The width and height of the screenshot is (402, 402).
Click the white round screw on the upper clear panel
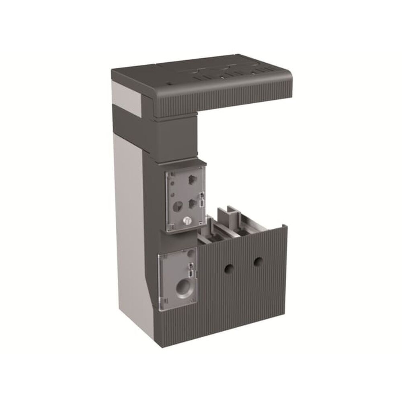[x=186, y=221]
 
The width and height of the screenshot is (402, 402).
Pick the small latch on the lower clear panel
[x=192, y=269]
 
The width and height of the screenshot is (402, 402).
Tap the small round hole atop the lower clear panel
[x=190, y=253]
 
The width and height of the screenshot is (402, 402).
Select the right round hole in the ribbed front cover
[x=258, y=260]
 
